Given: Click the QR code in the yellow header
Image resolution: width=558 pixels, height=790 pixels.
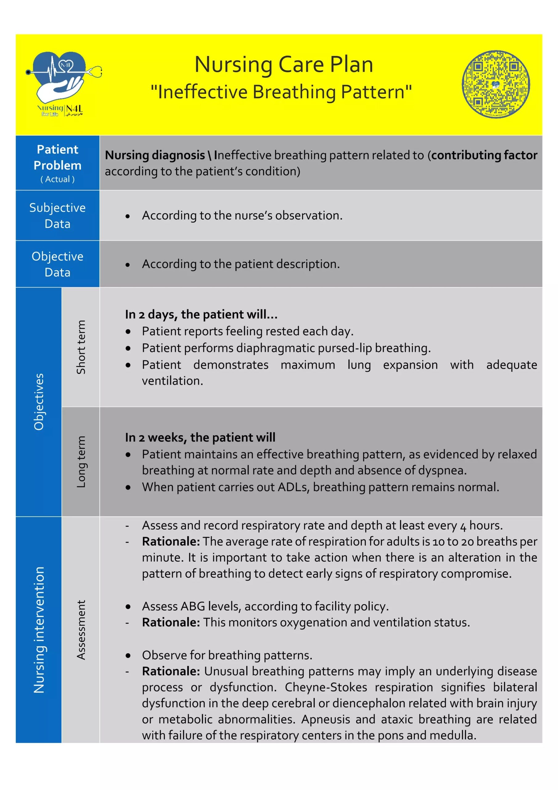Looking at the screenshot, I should pos(495,84).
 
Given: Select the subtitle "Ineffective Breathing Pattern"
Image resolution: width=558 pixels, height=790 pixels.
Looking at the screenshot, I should pos(281,92).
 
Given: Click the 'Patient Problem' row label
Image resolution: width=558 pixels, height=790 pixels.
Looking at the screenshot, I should pos(57,158).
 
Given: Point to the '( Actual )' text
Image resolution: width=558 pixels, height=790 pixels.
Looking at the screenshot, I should pos(57,179).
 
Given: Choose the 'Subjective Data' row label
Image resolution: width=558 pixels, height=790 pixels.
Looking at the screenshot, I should pos(57,216).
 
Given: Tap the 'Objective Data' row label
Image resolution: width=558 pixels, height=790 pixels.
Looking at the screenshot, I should pos(57,264).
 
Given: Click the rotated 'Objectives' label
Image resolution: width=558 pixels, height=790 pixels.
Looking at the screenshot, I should pos(39,402).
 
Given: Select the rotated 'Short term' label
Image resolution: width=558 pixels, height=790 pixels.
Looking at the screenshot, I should pos(81,347).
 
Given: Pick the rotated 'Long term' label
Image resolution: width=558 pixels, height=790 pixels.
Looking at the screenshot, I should pos(81,462).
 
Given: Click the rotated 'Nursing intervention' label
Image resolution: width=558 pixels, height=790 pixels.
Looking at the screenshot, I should pos(39,630).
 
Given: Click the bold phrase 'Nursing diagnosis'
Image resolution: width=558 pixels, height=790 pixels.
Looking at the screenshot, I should pos(155,156).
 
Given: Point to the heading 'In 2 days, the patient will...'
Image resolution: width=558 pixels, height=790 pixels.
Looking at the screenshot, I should pos(201,314).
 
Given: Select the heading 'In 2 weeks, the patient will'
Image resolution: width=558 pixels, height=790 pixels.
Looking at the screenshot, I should pos(200,438).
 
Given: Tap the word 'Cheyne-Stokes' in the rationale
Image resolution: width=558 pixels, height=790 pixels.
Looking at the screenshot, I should pos(326,688).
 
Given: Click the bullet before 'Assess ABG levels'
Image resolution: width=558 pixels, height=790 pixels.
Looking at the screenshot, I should pos(128,607).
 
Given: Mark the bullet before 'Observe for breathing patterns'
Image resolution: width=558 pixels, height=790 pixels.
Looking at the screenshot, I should pos(128,656).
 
